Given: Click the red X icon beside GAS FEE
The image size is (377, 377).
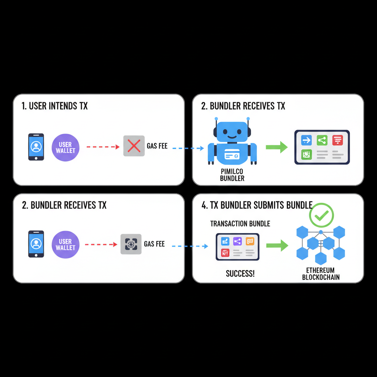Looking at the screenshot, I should pos(134,146).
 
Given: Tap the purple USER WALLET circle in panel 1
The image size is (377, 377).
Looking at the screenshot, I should pos(66,147).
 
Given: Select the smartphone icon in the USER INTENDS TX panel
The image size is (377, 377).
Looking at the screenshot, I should pos(36,147).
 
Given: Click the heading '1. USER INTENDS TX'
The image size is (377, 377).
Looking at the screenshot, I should pos(55,106).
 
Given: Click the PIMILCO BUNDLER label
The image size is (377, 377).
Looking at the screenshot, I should pos(232,175).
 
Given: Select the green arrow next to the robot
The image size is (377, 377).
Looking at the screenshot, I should pos(276,147).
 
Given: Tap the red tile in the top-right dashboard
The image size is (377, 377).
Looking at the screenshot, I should pos(337,140).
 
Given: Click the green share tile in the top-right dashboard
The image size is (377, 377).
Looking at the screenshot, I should pos(322,140).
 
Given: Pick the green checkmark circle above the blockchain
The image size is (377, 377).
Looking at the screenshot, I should pos(321,215).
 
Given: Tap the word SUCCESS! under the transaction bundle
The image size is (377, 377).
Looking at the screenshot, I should pos(240,274).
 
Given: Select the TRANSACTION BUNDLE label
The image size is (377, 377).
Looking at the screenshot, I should pos(240,224).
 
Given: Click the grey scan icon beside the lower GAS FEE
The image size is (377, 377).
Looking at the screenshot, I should pos(131,244).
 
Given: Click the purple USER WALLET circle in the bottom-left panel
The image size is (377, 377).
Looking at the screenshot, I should pos(66,244).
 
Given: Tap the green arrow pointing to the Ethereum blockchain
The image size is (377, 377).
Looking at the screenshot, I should pos(277,245).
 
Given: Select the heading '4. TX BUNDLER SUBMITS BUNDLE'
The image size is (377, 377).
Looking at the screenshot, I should pos(257,205).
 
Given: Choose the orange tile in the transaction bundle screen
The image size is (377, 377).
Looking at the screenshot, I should pos(250,241).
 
